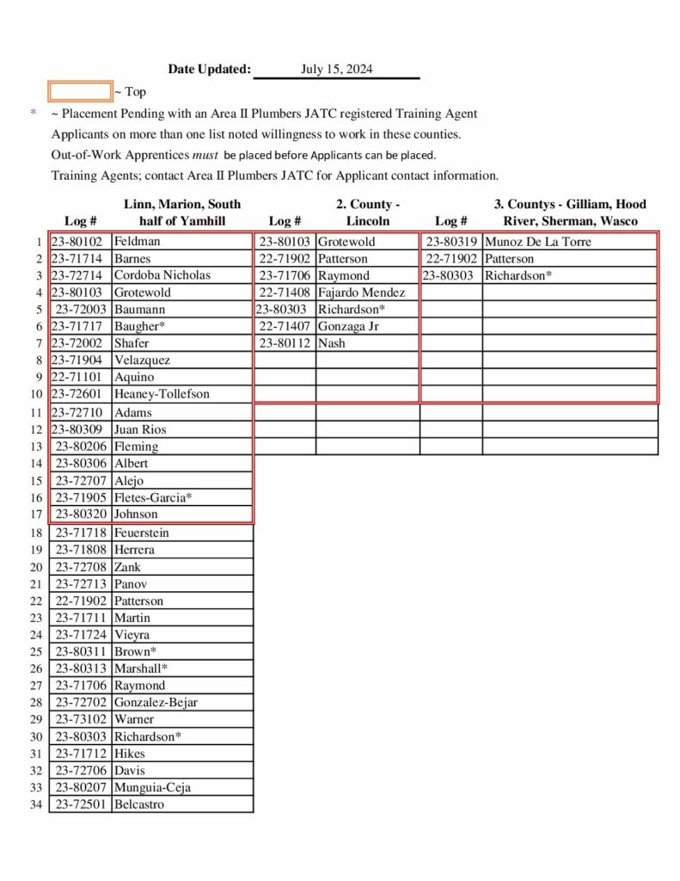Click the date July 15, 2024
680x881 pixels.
click(x=336, y=70)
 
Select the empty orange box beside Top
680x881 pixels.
click(x=80, y=91)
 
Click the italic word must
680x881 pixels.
click(x=204, y=155)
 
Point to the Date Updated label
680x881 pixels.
click(x=209, y=70)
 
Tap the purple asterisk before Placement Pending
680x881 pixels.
click(x=34, y=114)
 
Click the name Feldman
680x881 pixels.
click(x=137, y=242)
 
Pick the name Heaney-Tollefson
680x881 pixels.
click(x=162, y=394)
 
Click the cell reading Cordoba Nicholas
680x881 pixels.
click(x=162, y=275)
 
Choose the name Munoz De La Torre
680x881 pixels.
click(x=538, y=242)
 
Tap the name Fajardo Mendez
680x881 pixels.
click(x=361, y=293)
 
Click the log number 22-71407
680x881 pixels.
click(x=285, y=326)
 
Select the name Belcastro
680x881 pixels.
click(x=138, y=804)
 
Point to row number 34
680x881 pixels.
click(x=36, y=804)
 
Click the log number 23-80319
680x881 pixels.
click(x=451, y=242)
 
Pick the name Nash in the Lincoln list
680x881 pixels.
click(x=332, y=343)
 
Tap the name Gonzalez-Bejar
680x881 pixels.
click(x=156, y=702)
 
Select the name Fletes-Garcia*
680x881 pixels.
click(x=153, y=497)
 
